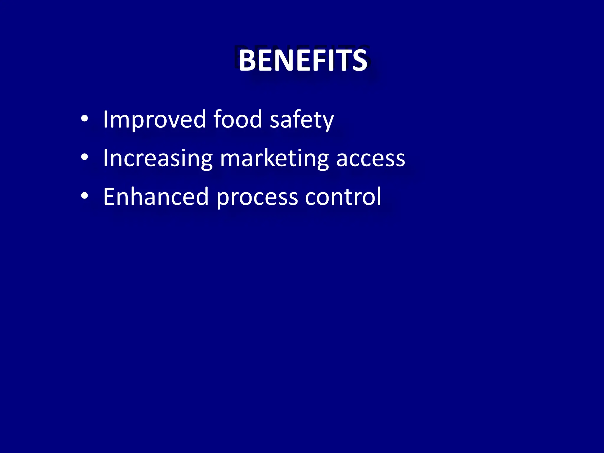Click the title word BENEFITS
[x=303, y=60]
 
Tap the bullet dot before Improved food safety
[x=84, y=119]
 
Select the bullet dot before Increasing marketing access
[x=84, y=157]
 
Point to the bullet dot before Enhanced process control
[x=84, y=196]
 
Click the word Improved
[x=154, y=119]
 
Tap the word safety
[x=301, y=119]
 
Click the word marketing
[x=274, y=158]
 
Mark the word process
[x=257, y=197]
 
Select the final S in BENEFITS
[x=359, y=60]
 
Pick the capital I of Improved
[x=105, y=119]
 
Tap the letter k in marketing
[x=280, y=158]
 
